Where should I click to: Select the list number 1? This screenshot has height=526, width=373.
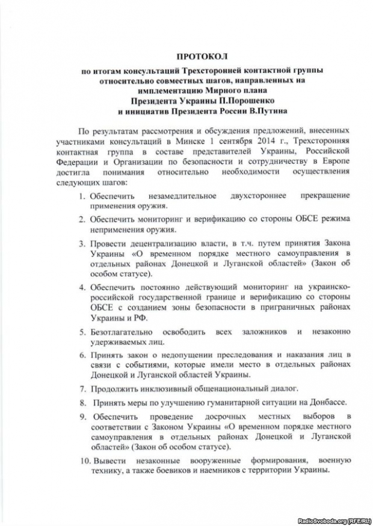[82, 196]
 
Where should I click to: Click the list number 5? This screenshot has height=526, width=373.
[82, 332]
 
